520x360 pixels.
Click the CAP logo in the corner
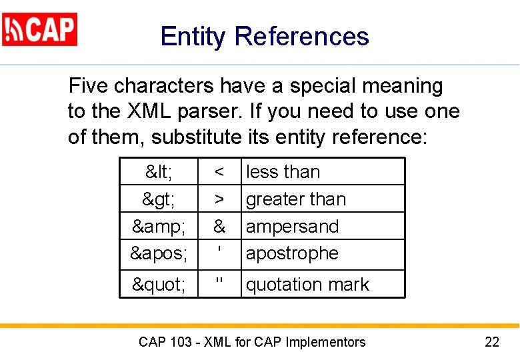click(x=40, y=29)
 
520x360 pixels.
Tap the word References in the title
click(x=301, y=36)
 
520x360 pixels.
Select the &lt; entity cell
click(x=159, y=172)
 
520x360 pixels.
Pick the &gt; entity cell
click(x=159, y=199)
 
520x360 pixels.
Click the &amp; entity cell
click(x=159, y=227)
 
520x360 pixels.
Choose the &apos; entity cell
click(x=159, y=254)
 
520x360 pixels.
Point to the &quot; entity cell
click(x=159, y=285)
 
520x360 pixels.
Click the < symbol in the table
click(x=219, y=172)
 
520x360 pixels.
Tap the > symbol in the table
click(x=219, y=199)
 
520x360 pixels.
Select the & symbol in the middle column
click(x=219, y=227)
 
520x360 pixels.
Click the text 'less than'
click(x=283, y=172)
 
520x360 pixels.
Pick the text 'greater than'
click(x=296, y=199)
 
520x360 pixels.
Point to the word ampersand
click(x=292, y=227)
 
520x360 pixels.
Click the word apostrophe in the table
click(x=292, y=254)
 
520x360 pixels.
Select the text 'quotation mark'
click(x=307, y=285)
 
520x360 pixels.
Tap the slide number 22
click(x=491, y=343)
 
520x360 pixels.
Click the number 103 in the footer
click(x=182, y=343)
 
